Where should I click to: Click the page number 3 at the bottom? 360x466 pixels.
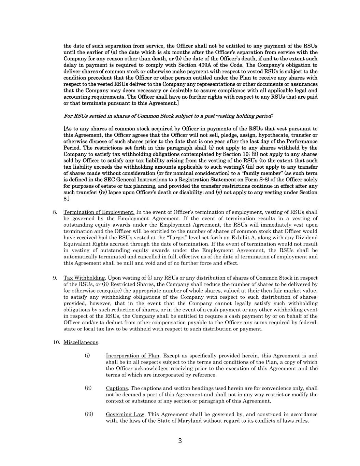click(180, 441)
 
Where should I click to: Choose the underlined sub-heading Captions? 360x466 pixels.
click(117, 388)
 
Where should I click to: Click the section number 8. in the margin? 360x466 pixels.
click(55, 212)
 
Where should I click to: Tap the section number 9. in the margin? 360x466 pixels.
click(55, 278)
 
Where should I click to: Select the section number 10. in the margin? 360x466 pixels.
click(56, 342)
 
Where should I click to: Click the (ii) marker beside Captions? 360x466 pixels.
click(88, 388)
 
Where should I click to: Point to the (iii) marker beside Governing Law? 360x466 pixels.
click(89, 414)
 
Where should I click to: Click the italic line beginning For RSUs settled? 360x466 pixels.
click(168, 116)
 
